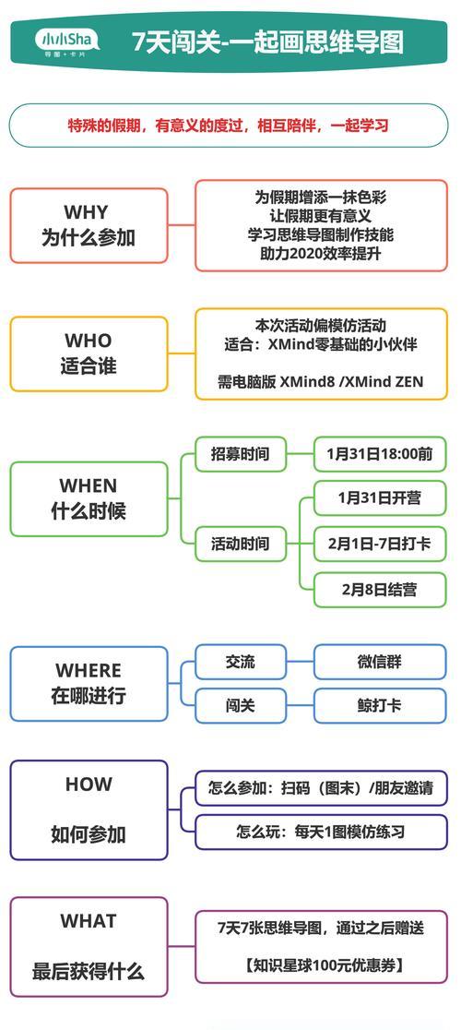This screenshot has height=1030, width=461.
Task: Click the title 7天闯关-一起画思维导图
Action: point(267,42)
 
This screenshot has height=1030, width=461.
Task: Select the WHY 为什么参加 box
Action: point(89,225)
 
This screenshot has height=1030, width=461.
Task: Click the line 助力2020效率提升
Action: point(321,254)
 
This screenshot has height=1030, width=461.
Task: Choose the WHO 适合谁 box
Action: point(89,353)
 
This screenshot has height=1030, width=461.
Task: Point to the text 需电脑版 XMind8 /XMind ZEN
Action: point(321,381)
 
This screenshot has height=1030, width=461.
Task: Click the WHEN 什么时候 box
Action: point(89,498)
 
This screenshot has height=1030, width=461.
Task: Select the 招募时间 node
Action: point(241,454)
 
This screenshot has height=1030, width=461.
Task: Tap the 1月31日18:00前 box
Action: point(380,454)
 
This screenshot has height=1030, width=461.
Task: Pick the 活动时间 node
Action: point(241,544)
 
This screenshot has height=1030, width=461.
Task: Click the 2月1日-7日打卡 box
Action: point(380,544)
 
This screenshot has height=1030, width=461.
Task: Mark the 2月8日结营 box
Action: point(380,589)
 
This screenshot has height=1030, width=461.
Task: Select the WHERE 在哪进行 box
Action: point(89,683)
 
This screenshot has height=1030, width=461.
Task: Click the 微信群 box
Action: point(380,662)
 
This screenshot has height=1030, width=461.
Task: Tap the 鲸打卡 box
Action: point(380,705)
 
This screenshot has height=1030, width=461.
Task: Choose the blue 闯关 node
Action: point(241,705)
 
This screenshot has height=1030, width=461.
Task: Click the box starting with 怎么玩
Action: point(321,832)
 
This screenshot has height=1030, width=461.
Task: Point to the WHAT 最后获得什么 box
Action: point(89,947)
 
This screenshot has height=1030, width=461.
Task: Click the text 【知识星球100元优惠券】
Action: point(321,965)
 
